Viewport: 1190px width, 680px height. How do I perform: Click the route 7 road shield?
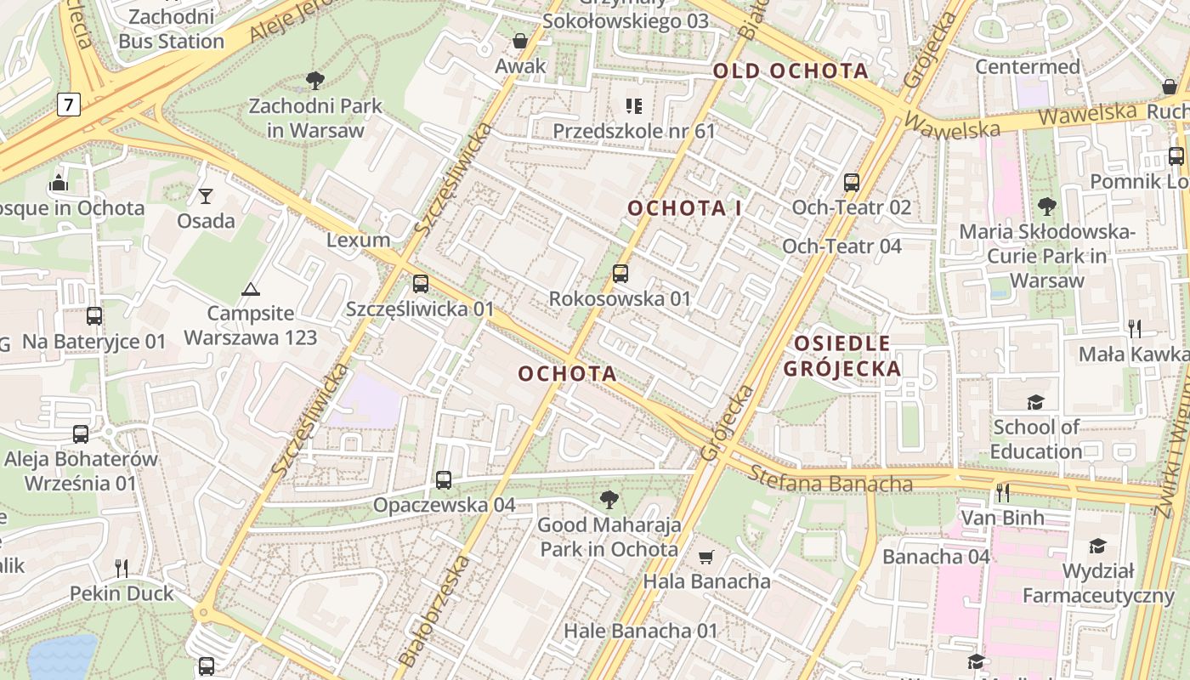click(69, 105)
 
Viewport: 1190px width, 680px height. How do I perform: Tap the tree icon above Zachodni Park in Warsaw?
click(315, 81)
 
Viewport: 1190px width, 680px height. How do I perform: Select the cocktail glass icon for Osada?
click(206, 196)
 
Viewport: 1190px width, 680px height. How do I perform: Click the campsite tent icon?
click(250, 289)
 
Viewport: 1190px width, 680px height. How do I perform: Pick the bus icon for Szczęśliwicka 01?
click(420, 284)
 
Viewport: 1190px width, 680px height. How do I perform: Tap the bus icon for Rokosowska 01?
click(620, 274)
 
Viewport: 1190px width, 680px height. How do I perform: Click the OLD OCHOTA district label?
click(790, 71)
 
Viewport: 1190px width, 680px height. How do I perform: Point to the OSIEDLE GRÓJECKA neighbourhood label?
click(841, 355)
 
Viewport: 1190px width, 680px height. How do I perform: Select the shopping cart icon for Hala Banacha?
click(705, 558)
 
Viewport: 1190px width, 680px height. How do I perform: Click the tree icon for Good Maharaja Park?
click(609, 500)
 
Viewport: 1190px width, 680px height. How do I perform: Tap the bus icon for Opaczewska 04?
click(444, 480)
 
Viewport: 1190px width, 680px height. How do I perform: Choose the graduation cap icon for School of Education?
click(1035, 402)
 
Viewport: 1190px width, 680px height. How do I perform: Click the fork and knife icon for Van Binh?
click(1003, 492)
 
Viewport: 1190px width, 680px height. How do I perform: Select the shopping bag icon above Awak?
click(520, 41)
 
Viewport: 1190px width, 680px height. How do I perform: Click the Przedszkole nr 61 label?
click(634, 131)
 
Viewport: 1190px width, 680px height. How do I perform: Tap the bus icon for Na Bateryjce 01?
click(94, 316)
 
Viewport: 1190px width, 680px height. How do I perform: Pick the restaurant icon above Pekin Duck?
click(122, 567)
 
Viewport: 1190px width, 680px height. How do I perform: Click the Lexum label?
click(359, 240)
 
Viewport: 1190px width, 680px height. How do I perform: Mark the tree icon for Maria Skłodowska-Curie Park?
click(1047, 206)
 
